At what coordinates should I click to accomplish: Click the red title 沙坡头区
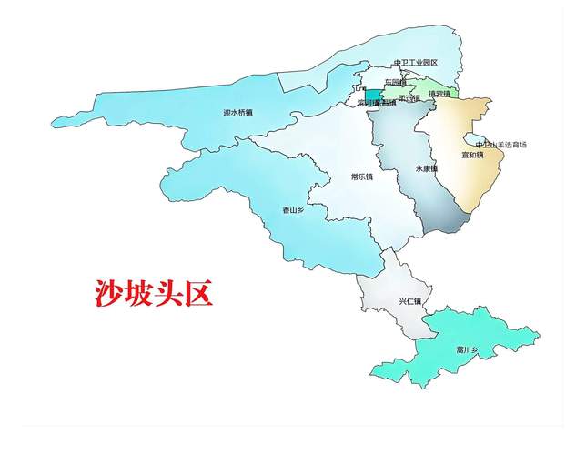(x=154, y=293)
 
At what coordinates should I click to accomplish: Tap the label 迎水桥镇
(x=237, y=114)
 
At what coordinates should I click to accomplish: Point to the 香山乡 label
(x=292, y=210)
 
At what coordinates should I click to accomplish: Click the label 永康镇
(x=427, y=169)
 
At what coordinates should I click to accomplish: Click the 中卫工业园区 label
(x=416, y=63)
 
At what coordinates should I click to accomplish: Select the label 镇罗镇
(x=439, y=93)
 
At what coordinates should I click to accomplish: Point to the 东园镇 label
(x=397, y=82)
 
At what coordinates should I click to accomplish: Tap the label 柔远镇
(x=409, y=97)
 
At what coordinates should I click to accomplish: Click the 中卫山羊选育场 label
(x=501, y=145)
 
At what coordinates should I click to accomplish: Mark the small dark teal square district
(x=374, y=95)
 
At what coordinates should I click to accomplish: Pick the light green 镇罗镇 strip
(x=446, y=86)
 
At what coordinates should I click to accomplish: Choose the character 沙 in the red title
(x=108, y=293)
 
